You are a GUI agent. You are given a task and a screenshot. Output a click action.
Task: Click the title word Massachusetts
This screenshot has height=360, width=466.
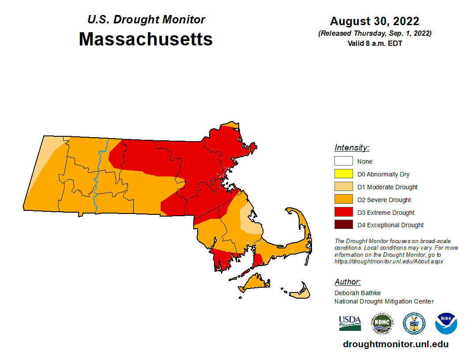click(146, 39)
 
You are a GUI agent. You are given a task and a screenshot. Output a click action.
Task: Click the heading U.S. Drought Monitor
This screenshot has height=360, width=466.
click(146, 20)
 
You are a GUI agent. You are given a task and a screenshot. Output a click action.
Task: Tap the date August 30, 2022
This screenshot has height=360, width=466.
click(374, 21)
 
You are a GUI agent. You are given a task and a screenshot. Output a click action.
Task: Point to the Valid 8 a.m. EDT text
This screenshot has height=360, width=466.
click(374, 43)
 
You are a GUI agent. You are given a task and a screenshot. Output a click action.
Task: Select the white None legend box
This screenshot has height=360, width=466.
click(343, 161)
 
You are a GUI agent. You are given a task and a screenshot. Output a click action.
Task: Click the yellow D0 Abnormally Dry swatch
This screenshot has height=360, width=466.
click(343, 174)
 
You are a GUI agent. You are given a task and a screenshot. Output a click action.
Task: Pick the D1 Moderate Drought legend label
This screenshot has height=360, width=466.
click(387, 187)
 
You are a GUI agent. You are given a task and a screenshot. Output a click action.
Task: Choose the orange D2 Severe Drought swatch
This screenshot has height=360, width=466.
click(343, 200)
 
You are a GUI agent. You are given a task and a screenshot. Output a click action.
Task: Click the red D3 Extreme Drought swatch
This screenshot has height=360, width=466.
click(343, 213)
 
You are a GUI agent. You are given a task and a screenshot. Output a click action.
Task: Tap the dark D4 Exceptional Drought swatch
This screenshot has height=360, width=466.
click(343, 225)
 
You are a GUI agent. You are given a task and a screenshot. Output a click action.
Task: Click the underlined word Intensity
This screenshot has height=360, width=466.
click(352, 148)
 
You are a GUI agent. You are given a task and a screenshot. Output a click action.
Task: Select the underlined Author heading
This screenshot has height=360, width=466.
click(347, 282)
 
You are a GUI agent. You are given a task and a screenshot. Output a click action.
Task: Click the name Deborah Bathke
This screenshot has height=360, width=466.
click(357, 293)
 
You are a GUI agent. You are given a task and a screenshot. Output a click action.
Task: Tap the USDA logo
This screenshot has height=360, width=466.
click(350, 323)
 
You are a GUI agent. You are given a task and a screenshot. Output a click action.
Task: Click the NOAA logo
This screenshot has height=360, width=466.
click(446, 323)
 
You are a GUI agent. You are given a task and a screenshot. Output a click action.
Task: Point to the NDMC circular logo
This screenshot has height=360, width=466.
click(382, 323)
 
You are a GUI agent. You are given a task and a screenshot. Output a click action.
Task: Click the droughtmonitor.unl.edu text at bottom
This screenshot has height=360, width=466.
click(395, 345)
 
